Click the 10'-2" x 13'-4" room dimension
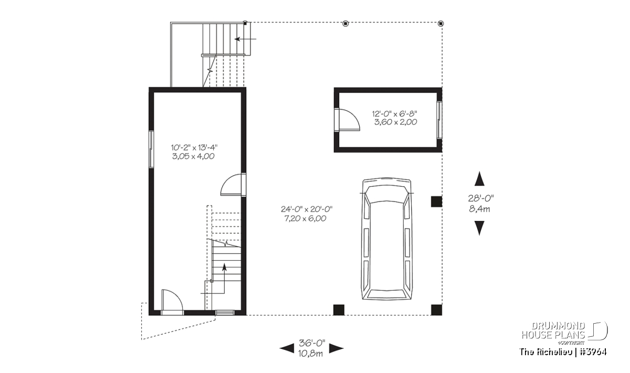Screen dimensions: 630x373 [x=194, y=147]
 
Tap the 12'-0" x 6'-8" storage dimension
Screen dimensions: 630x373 [x=395, y=113]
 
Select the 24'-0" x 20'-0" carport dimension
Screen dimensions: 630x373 [x=307, y=209]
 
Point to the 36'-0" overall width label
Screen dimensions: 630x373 [x=312, y=343]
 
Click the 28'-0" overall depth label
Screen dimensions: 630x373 [x=481, y=198]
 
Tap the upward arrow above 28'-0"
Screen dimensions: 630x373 [x=479, y=179]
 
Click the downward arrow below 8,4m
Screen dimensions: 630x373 [x=479, y=228]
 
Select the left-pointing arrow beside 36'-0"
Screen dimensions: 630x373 [x=287, y=348]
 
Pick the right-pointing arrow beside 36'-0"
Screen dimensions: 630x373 [x=337, y=348]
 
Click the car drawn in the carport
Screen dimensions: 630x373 [x=387, y=239]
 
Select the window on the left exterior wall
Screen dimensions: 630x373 [x=151, y=150]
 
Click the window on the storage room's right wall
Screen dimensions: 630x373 [x=439, y=120]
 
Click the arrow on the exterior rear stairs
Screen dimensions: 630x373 [x=246, y=39]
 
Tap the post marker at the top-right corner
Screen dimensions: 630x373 [x=440, y=24]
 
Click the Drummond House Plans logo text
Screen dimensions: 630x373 [x=553, y=331]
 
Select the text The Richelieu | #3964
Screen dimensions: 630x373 [x=563, y=351]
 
